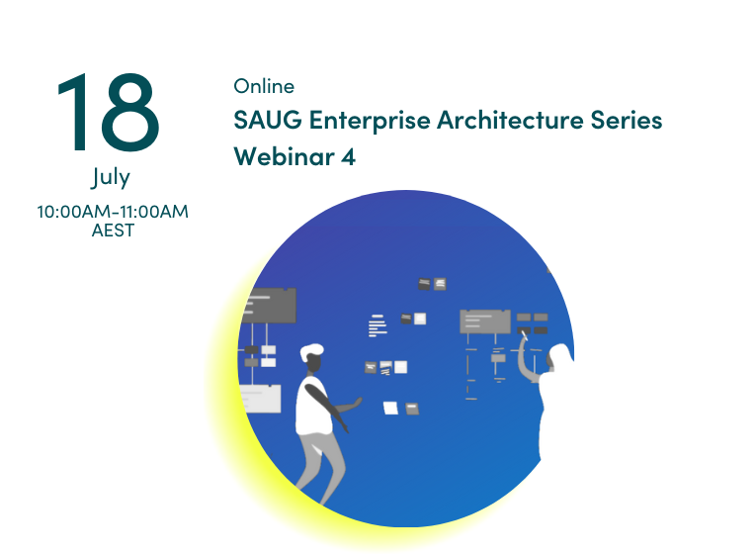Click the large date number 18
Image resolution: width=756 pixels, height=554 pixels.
[x=108, y=112]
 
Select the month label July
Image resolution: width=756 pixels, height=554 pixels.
[x=111, y=177]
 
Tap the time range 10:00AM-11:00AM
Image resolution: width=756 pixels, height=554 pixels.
[x=113, y=212]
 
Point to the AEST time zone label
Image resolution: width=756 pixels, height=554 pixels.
[x=113, y=231]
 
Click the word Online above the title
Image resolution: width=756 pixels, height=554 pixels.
[x=264, y=86]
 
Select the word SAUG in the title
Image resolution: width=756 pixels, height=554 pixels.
[x=268, y=120]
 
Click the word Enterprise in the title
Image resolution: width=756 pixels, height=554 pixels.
[x=370, y=121]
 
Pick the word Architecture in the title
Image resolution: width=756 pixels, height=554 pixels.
[x=510, y=120]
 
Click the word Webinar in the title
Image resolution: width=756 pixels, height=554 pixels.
[x=284, y=156]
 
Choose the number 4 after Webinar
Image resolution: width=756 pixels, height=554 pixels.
[x=348, y=157]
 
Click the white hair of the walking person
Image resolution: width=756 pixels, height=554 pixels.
[x=311, y=351]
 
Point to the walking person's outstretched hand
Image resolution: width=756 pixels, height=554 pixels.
[x=356, y=402]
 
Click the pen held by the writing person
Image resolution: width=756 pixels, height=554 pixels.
[x=524, y=334]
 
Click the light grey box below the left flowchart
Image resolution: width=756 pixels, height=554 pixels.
[x=260, y=399]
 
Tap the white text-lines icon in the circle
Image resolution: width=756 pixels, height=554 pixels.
[x=378, y=325]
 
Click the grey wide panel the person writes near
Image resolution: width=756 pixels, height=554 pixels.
[x=485, y=322]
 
